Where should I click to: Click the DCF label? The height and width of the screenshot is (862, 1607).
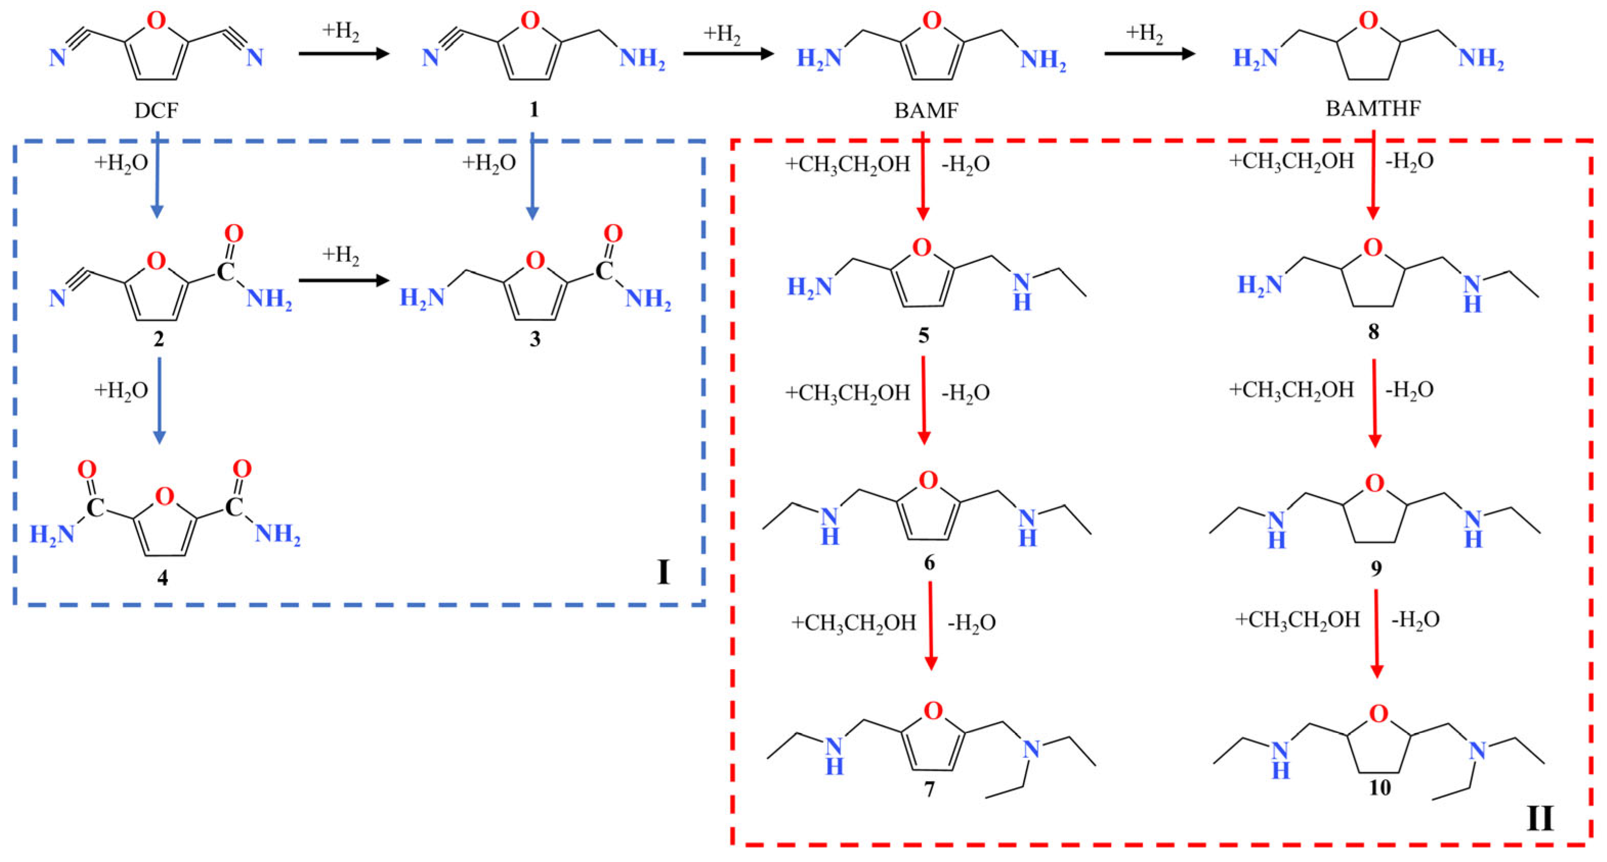(156, 111)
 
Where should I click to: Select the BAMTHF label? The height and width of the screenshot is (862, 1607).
(1373, 108)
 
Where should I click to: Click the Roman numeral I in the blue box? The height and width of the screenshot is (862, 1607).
(663, 572)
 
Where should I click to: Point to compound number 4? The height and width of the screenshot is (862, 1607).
(162, 578)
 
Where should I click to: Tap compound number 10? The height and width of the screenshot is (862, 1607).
(1379, 788)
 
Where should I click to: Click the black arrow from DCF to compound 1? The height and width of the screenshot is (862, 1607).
(344, 54)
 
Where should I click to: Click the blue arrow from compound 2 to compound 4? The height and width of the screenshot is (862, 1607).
(160, 401)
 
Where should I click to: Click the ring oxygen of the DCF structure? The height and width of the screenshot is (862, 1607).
(156, 20)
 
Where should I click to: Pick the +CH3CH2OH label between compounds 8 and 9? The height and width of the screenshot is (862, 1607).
(1291, 390)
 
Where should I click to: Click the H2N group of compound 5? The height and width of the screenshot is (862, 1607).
(810, 287)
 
